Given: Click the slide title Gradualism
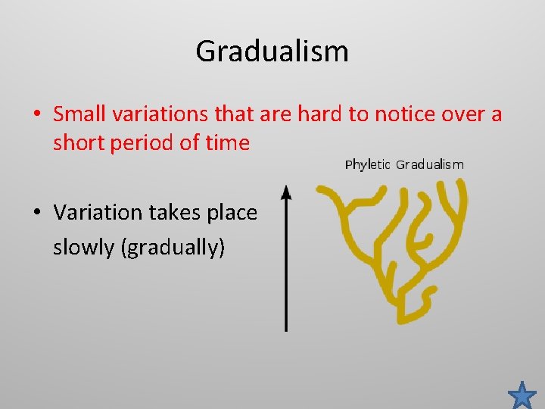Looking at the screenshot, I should (272, 52).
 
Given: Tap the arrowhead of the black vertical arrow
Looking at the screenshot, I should (286, 193).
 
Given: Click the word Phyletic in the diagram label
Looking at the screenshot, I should (368, 164).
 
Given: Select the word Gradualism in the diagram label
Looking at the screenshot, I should (430, 164).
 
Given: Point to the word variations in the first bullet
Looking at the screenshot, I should (157, 114).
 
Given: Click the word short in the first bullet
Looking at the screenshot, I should (77, 142).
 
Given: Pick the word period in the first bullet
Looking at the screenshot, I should (142, 142).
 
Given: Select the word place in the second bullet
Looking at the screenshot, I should (232, 213).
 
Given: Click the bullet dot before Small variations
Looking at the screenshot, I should (36, 115).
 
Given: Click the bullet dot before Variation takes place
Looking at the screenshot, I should (36, 214).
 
